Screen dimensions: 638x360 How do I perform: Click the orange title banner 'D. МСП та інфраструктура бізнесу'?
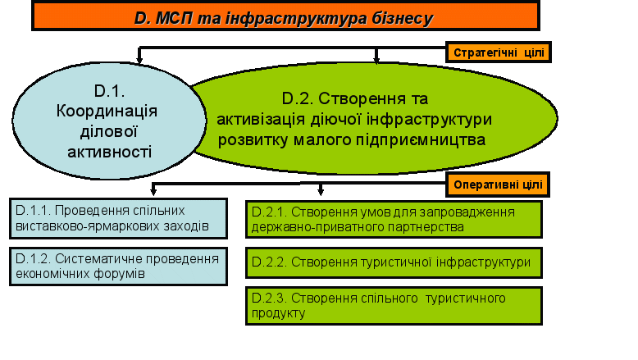[285, 16]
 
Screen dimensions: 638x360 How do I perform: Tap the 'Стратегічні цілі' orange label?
[499, 52]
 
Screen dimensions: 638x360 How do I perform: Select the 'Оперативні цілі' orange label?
[498, 185]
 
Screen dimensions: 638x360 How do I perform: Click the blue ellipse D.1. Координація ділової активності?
[109, 121]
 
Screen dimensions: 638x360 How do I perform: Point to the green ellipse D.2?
[372, 119]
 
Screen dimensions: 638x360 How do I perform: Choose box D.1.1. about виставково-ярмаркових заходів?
[118, 218]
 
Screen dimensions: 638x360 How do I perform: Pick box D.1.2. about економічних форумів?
[118, 267]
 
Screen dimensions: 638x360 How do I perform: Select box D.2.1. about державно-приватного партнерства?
[394, 220]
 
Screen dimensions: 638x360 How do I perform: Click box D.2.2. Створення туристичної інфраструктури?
[394, 262]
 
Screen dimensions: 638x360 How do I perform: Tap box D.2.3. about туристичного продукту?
[394, 306]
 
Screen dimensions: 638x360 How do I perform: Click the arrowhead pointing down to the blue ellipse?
[139, 60]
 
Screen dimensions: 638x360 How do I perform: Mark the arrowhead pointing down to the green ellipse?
[376, 59]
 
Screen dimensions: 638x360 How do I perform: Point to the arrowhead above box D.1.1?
[153, 191]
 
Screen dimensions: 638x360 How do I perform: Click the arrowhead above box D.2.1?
[321, 191]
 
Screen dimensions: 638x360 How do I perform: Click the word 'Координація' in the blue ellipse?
[107, 112]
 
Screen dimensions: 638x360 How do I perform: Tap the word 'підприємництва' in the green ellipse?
[421, 140]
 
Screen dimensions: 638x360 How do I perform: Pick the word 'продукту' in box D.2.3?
[278, 313]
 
